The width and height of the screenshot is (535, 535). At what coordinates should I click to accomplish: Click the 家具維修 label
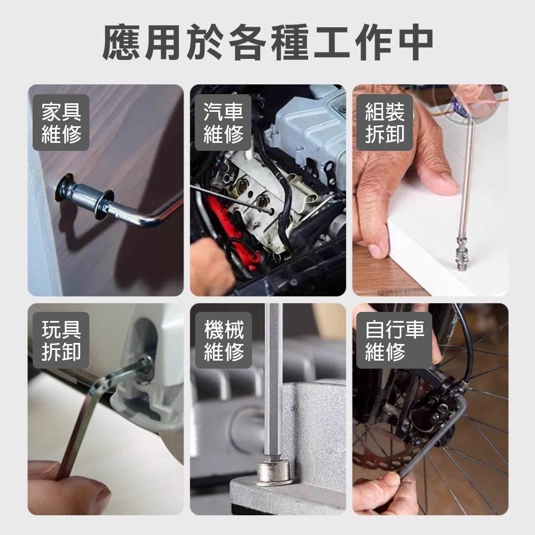click(x=62, y=123)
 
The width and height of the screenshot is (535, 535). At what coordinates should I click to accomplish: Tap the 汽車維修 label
click(x=224, y=123)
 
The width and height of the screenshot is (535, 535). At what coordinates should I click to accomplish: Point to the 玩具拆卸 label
click(x=62, y=340)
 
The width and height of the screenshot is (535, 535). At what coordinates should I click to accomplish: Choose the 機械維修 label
click(x=224, y=340)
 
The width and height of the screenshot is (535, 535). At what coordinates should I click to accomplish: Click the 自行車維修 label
click(x=394, y=340)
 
